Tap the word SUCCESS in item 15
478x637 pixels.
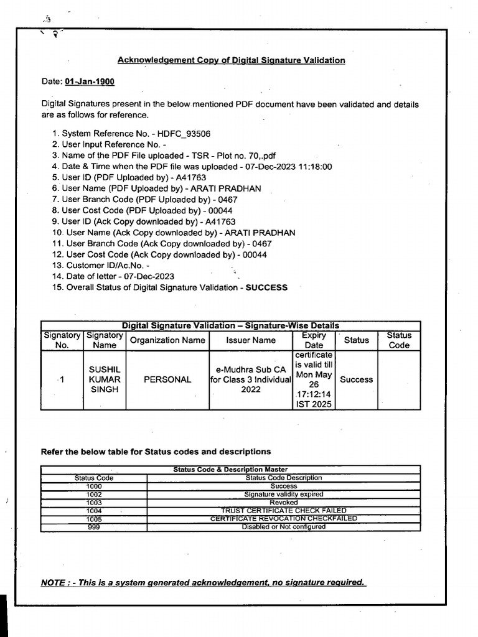pos(266,287)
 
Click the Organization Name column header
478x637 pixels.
pos(167,340)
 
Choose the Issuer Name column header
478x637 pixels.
pos(251,340)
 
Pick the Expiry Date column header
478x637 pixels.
pos(314,340)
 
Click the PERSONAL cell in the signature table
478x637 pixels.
pos(167,379)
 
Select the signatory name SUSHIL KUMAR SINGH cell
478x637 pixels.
pos(104,379)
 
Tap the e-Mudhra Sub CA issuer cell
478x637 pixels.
pos(251,379)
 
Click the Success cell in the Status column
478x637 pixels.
pos(357,379)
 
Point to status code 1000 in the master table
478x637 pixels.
pos(94,486)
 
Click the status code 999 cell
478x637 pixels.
pos(94,527)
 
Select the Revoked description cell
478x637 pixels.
pos(284,502)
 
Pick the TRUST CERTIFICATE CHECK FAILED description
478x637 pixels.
pos(284,510)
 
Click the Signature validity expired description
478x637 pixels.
pos(284,494)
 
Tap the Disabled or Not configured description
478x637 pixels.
pos(284,527)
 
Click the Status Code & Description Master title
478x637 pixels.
pos(230,469)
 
